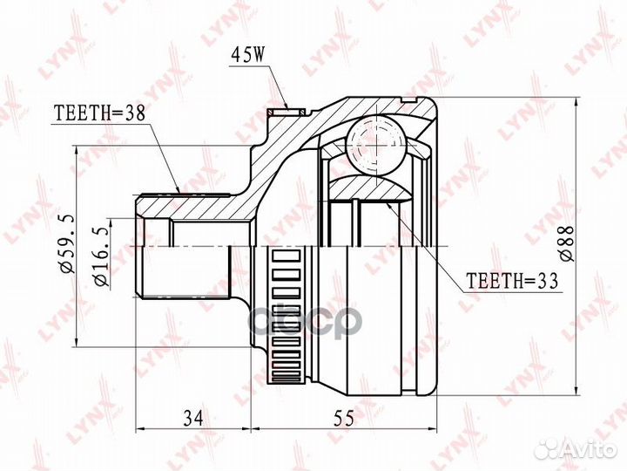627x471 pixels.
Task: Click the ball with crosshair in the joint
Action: tap(377, 144)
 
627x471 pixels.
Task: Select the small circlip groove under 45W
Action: tap(287, 111)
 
